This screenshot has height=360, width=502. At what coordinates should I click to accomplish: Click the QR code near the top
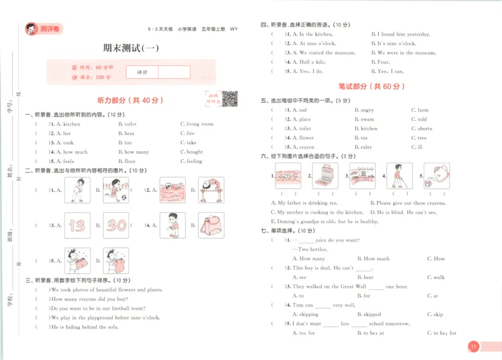(x=230, y=98)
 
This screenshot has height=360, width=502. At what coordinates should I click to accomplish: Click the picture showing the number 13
(x=77, y=225)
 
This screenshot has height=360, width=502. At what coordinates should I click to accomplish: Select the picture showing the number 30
(x=117, y=225)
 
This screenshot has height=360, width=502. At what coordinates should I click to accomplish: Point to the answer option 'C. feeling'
(x=191, y=161)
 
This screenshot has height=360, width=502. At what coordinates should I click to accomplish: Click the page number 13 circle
(x=474, y=346)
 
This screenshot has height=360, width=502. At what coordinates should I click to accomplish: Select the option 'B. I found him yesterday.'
(x=400, y=34)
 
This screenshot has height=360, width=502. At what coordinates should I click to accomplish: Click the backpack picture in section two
(x=211, y=225)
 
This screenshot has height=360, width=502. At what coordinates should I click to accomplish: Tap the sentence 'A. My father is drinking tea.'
(x=304, y=203)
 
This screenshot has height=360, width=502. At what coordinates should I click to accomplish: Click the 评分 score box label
(x=142, y=72)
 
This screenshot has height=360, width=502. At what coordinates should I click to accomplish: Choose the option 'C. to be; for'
(x=442, y=333)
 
